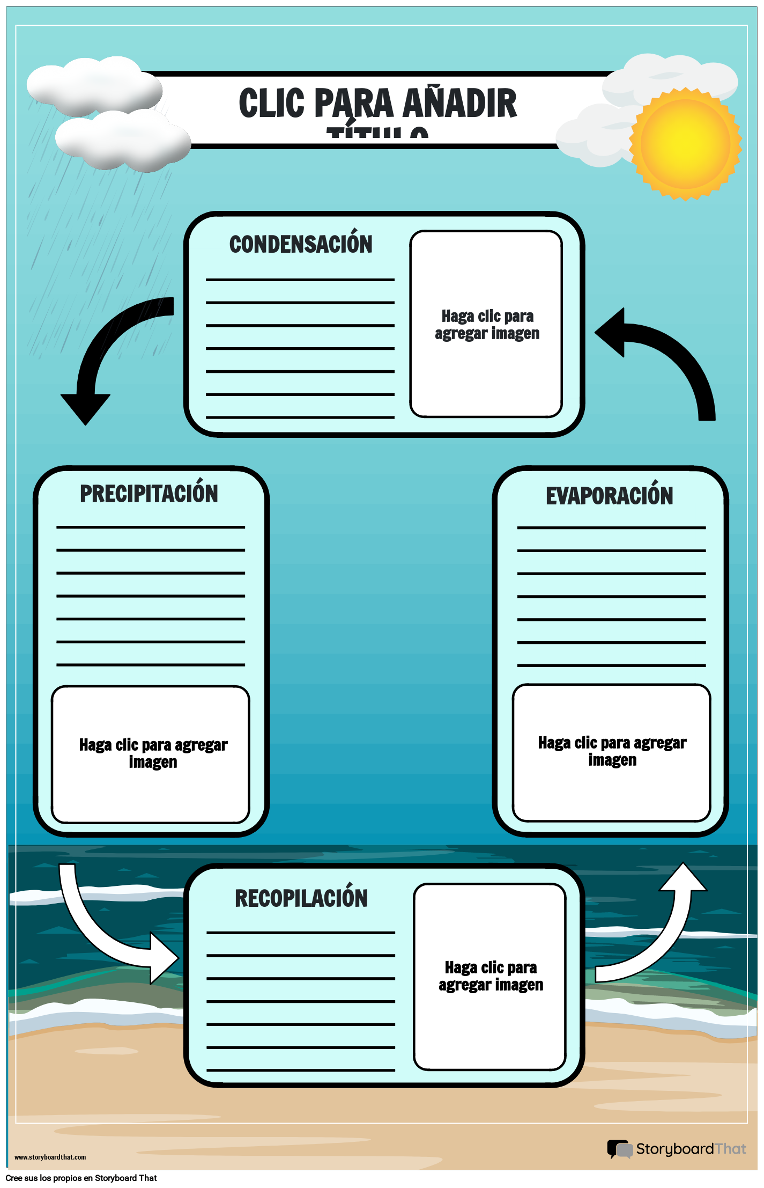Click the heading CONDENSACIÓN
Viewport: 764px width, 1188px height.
(x=301, y=245)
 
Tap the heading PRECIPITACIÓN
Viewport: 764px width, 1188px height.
(x=149, y=494)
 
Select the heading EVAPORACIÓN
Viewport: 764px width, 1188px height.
(x=609, y=496)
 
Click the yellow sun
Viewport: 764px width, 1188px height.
(x=685, y=144)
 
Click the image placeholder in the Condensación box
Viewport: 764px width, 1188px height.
(x=486, y=324)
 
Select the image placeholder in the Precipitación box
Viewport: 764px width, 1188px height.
(x=151, y=754)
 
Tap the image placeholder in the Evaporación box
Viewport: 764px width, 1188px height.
(x=611, y=752)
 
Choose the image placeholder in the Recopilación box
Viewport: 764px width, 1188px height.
(x=490, y=977)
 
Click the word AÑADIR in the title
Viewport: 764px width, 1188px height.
(x=459, y=104)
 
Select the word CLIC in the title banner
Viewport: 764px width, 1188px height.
(x=271, y=104)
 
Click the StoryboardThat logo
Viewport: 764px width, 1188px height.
(x=677, y=1149)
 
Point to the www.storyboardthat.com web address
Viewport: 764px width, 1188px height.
(x=50, y=1157)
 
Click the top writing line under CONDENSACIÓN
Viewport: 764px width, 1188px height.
(x=300, y=280)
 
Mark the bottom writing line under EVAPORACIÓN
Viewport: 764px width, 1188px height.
(x=611, y=665)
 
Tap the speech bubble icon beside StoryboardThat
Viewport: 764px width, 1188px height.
(x=620, y=1149)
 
